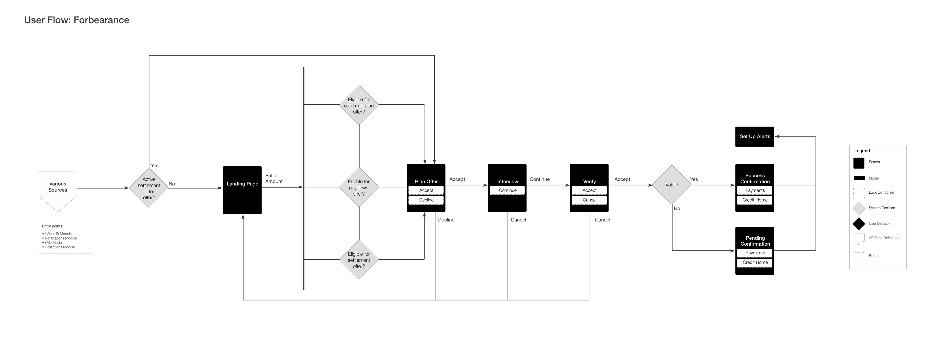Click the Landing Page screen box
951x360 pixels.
click(x=242, y=190)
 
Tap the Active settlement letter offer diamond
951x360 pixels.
click(x=149, y=188)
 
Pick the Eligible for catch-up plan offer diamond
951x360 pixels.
click(x=359, y=105)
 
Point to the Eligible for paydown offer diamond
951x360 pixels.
click(x=359, y=187)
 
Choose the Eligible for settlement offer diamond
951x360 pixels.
click(x=359, y=259)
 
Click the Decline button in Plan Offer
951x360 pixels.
click(x=426, y=200)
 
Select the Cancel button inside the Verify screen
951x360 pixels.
click(x=589, y=200)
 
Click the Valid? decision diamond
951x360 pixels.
click(x=672, y=185)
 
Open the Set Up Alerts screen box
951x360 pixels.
click(x=755, y=137)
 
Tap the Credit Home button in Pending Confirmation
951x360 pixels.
click(x=755, y=262)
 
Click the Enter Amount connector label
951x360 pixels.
click(x=274, y=178)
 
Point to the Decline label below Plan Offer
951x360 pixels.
click(x=446, y=220)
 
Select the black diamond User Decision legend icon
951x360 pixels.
click(x=859, y=224)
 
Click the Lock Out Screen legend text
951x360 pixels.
click(x=882, y=192)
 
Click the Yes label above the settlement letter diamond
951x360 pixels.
click(x=155, y=165)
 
